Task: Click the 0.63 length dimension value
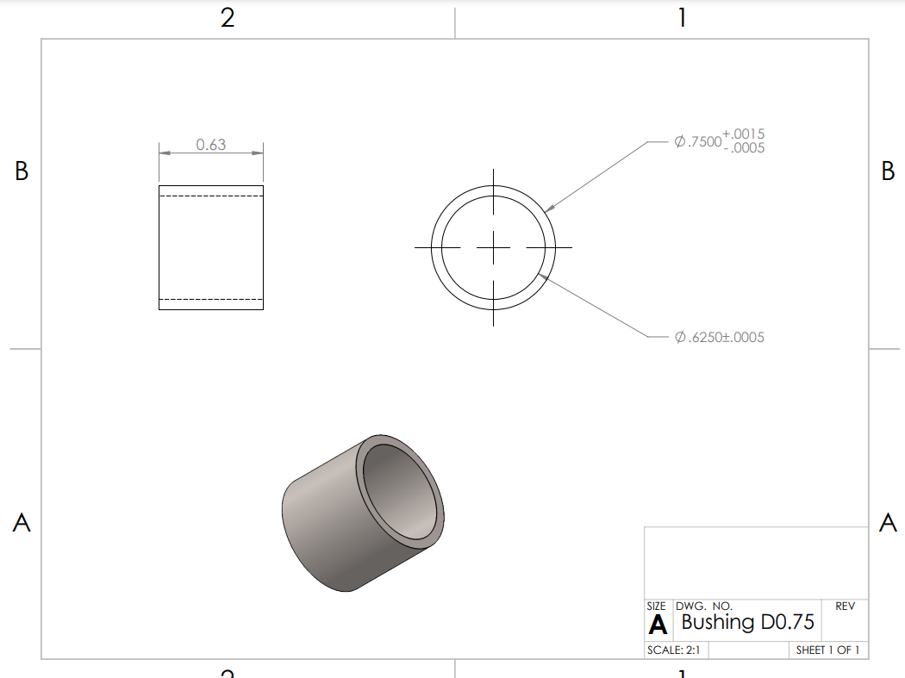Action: (210, 145)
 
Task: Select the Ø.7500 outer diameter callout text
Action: (697, 141)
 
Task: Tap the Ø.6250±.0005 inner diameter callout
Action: (719, 337)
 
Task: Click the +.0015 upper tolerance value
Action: (744, 134)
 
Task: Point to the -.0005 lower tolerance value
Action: (744, 148)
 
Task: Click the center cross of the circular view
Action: (493, 247)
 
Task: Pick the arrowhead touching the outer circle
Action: (549, 207)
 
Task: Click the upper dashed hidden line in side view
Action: (211, 196)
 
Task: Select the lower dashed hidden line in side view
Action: (211, 299)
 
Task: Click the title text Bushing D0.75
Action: (747, 622)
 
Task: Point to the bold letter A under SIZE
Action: (658, 624)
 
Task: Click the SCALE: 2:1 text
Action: (673, 650)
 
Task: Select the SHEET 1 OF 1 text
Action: (827, 650)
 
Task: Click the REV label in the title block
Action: (845, 606)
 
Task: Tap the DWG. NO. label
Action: (704, 606)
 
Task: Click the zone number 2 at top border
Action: (228, 18)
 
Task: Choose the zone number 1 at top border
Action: (682, 18)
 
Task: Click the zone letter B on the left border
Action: (22, 171)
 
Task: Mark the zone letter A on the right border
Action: (888, 522)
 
